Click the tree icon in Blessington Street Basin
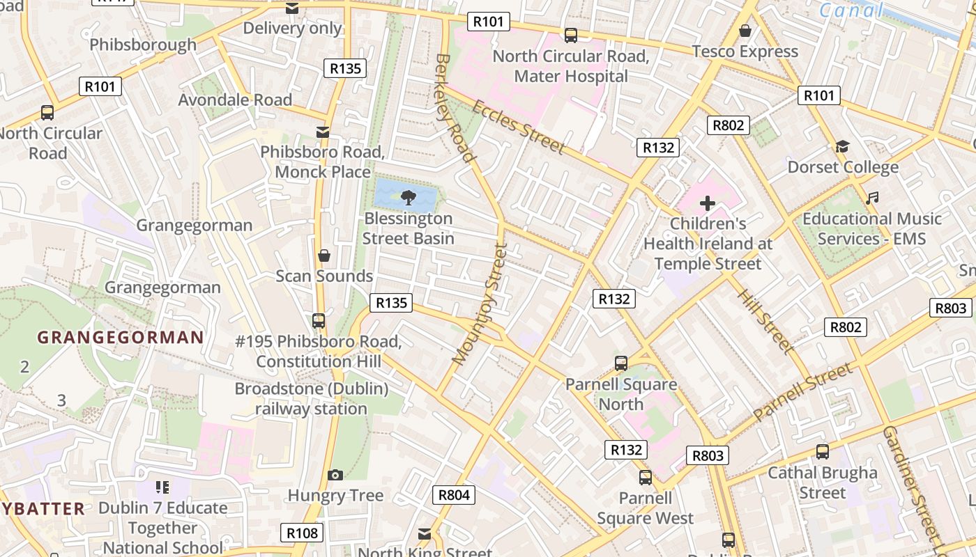click(x=407, y=197)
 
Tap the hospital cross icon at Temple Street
click(x=708, y=203)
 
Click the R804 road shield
click(x=455, y=495)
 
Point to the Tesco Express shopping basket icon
click(x=745, y=31)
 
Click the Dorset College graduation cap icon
click(x=842, y=146)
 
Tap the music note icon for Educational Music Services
click(x=871, y=198)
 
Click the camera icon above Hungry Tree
click(x=335, y=475)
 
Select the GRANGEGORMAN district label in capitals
click(x=120, y=338)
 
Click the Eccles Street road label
click(x=518, y=126)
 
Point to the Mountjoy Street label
click(x=480, y=304)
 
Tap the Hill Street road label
click(x=765, y=321)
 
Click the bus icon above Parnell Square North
click(x=620, y=363)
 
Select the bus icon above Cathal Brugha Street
click(x=823, y=452)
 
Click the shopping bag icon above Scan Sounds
click(x=324, y=256)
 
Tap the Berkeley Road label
click(x=454, y=107)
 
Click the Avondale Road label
click(x=235, y=100)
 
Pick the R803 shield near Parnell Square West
click(x=708, y=455)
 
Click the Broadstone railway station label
click(x=311, y=398)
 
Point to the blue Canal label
click(x=851, y=10)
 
